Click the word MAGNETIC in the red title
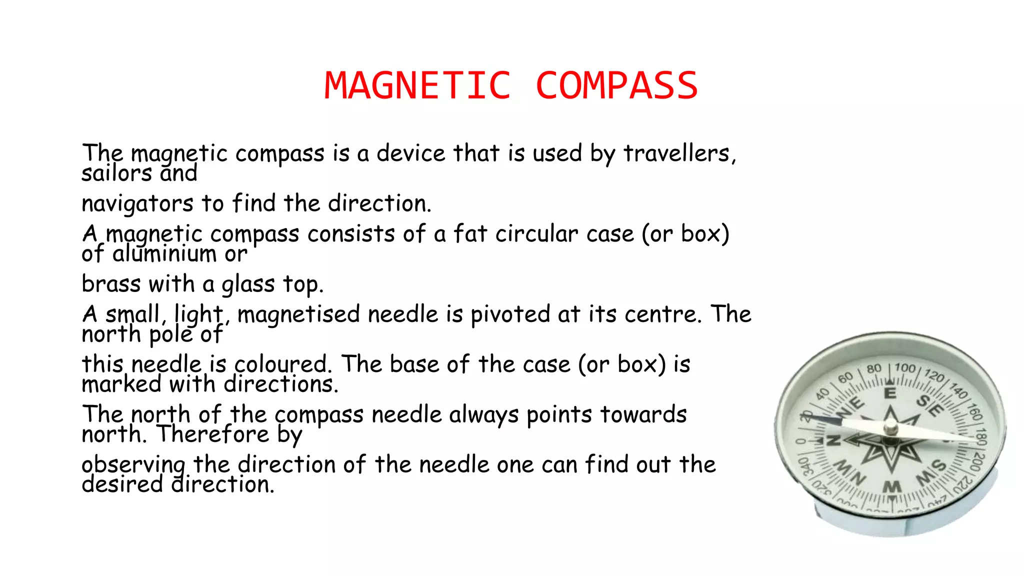418,85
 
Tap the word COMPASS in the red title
616,85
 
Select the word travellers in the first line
679,153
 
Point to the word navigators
137,204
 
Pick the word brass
111,284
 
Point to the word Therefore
213,434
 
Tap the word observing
133,465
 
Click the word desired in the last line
122,484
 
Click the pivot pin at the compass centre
890,428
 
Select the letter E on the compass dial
890,393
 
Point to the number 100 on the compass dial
905,368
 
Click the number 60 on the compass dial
845,378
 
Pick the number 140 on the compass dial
958,390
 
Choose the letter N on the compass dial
832,441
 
